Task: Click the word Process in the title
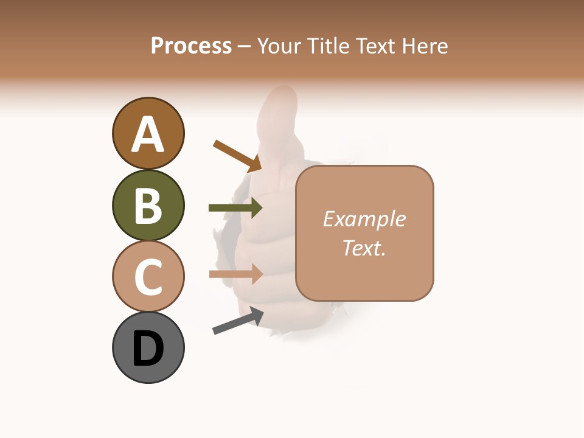[x=191, y=46]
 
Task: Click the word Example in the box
[x=364, y=219]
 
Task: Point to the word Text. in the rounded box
[x=364, y=248]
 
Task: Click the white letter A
[x=148, y=134]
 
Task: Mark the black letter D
[x=148, y=348]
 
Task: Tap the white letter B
[x=148, y=206]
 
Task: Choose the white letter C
[x=148, y=277]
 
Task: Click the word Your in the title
[x=280, y=46]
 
